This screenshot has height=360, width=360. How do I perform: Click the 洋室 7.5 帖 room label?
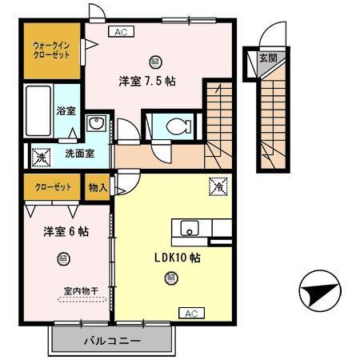(149, 80)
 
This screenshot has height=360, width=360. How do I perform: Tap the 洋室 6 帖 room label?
(66, 231)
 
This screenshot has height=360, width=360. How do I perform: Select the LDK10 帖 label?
(176, 258)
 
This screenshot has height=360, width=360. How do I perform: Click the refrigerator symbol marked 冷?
(217, 186)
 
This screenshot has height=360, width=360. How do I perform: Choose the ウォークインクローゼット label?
(51, 50)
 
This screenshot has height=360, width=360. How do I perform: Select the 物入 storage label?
(97, 187)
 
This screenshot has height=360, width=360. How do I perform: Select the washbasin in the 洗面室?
(96, 124)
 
